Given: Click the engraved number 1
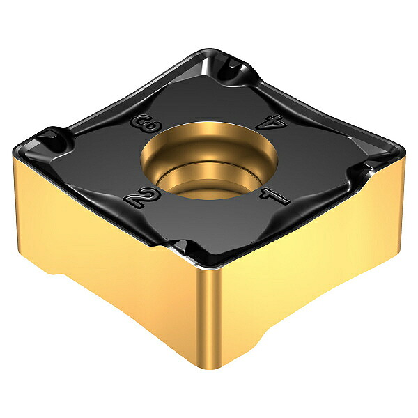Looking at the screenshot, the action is click(274, 196).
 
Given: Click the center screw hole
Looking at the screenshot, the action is click(209, 161).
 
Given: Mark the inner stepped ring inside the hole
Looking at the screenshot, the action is click(208, 176).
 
